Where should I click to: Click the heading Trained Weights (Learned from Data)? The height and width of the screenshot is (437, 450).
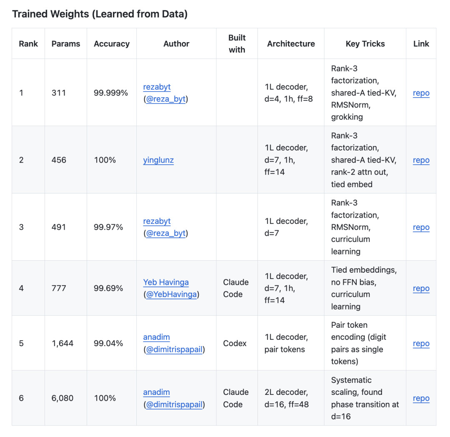coord(100,14)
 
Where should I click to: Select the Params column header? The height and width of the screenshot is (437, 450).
coord(66,44)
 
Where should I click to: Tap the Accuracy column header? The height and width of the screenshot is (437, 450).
coord(112,44)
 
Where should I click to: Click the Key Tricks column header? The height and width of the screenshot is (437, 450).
coord(365,44)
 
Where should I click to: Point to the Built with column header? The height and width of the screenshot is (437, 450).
coord(237,44)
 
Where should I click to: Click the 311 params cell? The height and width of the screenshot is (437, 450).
coord(59,93)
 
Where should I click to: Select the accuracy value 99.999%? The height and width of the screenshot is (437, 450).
coord(111,93)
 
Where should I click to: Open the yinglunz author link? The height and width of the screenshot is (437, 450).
coord(158,160)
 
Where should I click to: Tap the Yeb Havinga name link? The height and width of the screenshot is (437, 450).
coord(166,282)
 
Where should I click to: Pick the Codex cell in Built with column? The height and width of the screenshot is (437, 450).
coord(235,343)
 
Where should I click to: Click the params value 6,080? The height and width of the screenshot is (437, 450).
coord(62,398)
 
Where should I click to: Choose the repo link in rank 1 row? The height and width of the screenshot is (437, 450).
coord(421,93)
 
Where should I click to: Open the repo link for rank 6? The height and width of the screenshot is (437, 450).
coord(421,398)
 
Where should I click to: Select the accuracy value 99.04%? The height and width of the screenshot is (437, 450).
coord(108,343)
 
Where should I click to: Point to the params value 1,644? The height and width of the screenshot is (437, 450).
coord(62,343)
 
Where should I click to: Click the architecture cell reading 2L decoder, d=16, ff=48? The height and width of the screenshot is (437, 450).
coord(287,398)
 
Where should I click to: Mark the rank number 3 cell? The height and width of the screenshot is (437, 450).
coord(21,227)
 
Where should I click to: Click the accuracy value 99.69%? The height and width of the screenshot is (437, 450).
coord(108,288)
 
